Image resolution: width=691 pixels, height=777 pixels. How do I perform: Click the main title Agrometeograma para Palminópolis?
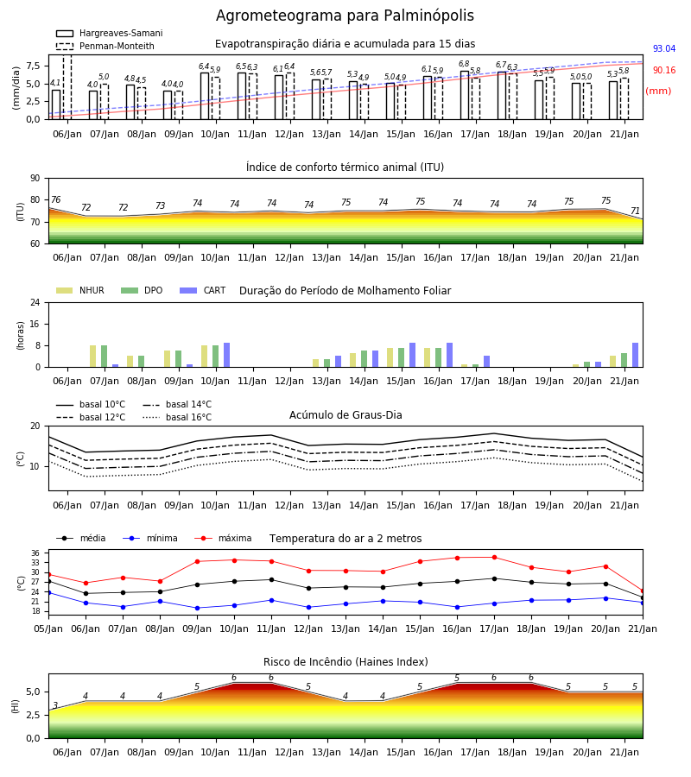pyautogui.click(x=345, y=16)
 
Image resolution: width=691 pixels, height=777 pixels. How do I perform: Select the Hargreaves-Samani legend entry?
pyautogui.click(x=109, y=33)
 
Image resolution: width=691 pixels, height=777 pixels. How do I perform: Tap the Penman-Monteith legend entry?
pyautogui.click(x=105, y=46)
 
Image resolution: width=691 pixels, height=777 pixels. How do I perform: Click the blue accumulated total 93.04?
pyautogui.click(x=663, y=48)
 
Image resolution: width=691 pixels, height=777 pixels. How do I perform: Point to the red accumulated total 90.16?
pyautogui.click(x=663, y=71)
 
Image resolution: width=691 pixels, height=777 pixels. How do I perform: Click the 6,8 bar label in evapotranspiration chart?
pyautogui.click(x=464, y=64)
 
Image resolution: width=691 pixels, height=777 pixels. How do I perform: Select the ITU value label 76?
pyautogui.click(x=55, y=199)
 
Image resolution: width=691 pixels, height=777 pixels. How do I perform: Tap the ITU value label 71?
pyautogui.click(x=635, y=212)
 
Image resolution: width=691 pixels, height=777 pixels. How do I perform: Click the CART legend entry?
pyautogui.click(x=203, y=290)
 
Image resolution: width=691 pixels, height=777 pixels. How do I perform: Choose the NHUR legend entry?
pyautogui.click(x=79, y=290)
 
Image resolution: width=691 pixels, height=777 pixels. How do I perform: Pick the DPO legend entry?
pyautogui.click(x=142, y=290)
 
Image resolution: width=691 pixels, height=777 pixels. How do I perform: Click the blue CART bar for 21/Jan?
pyautogui.click(x=635, y=355)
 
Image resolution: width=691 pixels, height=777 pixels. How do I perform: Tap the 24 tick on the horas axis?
pyautogui.click(x=35, y=302)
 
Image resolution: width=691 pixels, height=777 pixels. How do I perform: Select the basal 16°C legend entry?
pyautogui.click(x=177, y=417)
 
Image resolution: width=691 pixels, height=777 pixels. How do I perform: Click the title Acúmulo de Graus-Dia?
pyautogui.click(x=345, y=414)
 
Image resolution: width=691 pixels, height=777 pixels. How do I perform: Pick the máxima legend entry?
pyautogui.click(x=223, y=538)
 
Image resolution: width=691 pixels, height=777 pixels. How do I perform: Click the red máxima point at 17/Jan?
pyautogui.click(x=494, y=558)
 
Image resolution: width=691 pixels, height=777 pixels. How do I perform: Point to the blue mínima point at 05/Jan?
pyautogui.click(x=49, y=592)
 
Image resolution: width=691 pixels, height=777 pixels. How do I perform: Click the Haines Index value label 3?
pyautogui.click(x=55, y=705)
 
